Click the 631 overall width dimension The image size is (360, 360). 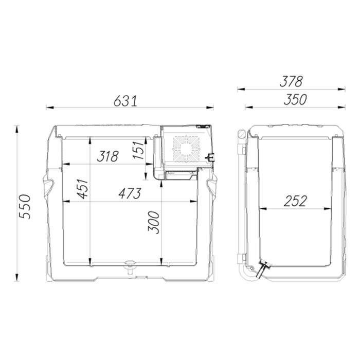[x=125, y=101]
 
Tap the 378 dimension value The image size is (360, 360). [x=291, y=81]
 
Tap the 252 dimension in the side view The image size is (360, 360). [x=295, y=201]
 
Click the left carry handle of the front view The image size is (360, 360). [x=49, y=185]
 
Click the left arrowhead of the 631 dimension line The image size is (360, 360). [x=48, y=108]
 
